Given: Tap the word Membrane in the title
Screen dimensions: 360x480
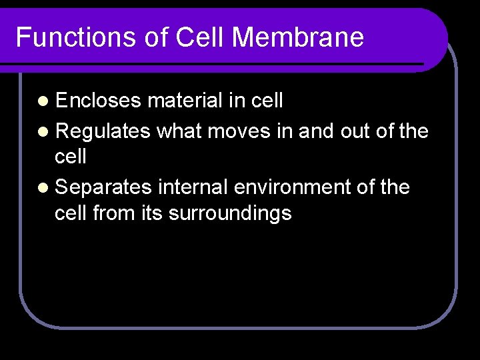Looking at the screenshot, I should click(x=298, y=37).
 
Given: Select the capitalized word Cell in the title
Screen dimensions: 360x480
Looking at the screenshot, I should click(x=201, y=37).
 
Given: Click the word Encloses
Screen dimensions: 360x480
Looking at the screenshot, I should click(x=99, y=101).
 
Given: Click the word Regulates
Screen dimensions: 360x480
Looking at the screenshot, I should click(x=103, y=131).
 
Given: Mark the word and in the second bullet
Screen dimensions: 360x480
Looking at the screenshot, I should click(x=316, y=131).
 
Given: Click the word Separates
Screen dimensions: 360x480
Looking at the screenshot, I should click(x=104, y=187).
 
